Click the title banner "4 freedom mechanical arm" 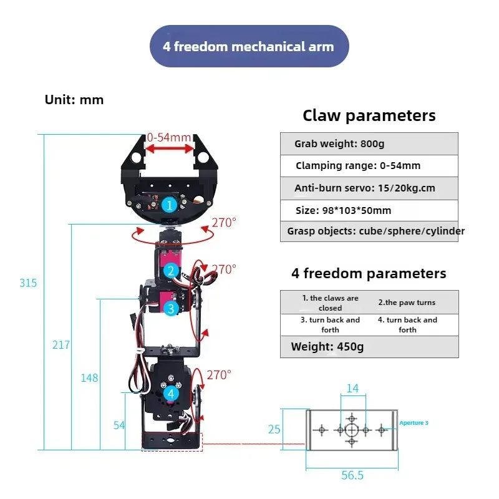[x=249, y=46]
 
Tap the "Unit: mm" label [x=74, y=100]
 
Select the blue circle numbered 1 [x=168, y=204]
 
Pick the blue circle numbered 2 [x=171, y=271]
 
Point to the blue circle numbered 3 [x=171, y=308]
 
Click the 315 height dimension [x=28, y=283]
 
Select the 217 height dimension [x=61, y=345]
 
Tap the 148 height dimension [x=89, y=378]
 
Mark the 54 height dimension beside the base [x=119, y=425]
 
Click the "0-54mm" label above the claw [x=169, y=137]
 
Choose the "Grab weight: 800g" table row [x=369, y=144]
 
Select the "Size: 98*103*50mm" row [x=369, y=210]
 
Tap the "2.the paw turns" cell [x=407, y=303]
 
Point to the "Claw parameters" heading [x=369, y=115]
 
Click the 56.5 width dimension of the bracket [x=352, y=475]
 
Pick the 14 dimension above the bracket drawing [x=352, y=389]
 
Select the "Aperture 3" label [x=414, y=423]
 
